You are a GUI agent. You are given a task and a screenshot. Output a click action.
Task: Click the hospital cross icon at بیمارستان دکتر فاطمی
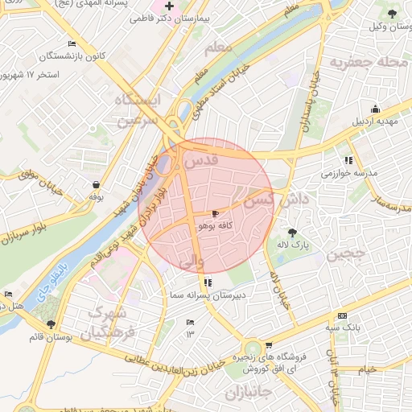170,6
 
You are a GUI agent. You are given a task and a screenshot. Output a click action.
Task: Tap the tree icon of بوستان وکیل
392,14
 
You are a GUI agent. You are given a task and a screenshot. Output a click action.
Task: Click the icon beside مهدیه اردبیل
375,109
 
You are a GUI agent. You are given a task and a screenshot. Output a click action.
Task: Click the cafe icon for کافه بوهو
215,214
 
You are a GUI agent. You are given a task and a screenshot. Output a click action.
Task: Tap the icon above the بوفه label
96,184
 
